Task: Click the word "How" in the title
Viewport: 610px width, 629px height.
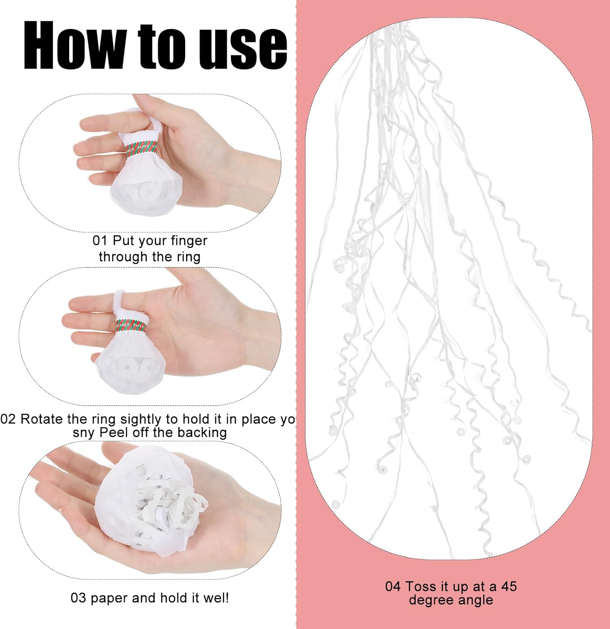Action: coord(75,45)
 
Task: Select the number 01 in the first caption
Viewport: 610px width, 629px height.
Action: coord(100,241)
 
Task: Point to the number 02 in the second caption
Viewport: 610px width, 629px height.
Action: coord(8,419)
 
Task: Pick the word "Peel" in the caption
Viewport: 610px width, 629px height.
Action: coord(114,432)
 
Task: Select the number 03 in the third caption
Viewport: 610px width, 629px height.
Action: coord(78,598)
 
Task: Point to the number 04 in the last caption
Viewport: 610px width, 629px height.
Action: coord(393,586)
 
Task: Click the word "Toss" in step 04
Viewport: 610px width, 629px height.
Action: coord(421,586)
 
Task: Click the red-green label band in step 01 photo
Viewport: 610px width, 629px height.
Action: coord(142,148)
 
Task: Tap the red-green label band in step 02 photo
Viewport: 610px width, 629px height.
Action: coord(131,325)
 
